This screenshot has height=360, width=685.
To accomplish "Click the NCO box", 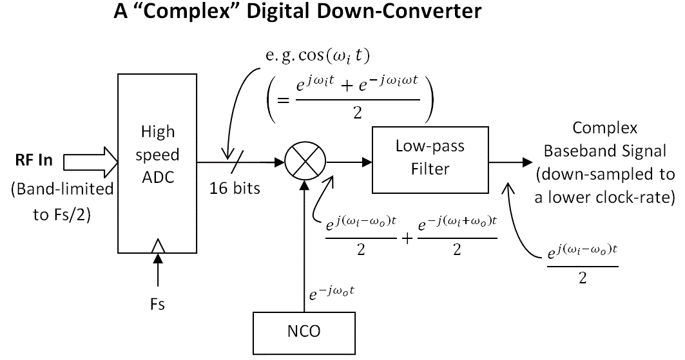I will pyautogui.click(x=303, y=332).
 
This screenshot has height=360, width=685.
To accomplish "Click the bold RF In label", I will pyautogui.click(x=35, y=160).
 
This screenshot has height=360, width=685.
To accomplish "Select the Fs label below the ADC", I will pyautogui.click(x=157, y=304).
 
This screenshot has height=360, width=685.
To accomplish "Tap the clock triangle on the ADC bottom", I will pyautogui.click(x=157, y=247).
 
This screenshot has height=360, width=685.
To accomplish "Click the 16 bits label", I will pyautogui.click(x=235, y=189).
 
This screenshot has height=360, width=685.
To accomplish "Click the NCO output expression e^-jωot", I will pyautogui.click(x=332, y=294).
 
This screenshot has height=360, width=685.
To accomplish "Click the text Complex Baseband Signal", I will pyautogui.click(x=605, y=139).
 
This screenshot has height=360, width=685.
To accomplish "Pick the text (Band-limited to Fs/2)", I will pyautogui.click(x=63, y=202).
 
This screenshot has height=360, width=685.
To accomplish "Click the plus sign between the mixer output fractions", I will pyautogui.click(x=407, y=238).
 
